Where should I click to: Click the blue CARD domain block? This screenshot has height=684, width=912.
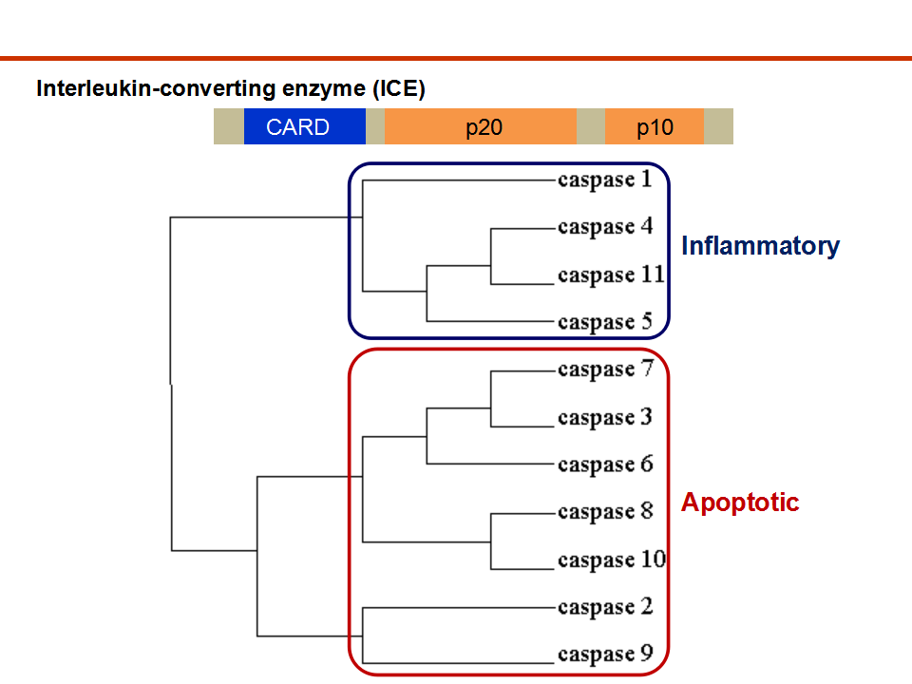coord(305,126)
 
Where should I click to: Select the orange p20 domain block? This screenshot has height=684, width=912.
coord(481,126)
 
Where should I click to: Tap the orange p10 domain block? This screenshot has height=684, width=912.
coord(655,126)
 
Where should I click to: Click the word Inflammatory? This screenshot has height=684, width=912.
coord(760,246)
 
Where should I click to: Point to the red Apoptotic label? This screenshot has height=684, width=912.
coord(740,502)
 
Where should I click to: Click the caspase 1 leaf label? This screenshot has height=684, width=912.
coord(605,180)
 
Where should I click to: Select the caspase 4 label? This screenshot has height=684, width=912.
coord(605,227)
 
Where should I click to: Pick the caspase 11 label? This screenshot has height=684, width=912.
coord(611,275)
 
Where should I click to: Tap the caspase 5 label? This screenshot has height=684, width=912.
coord(605,322)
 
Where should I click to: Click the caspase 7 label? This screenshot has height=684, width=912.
coord(605,370)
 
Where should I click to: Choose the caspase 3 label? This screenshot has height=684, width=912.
coord(605,417)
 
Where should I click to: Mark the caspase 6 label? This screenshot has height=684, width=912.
coord(605,465)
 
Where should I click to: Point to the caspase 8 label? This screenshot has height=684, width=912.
coord(605,511)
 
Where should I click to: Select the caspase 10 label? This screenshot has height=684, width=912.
coord(612,560)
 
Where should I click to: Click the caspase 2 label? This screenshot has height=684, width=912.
coord(605,607)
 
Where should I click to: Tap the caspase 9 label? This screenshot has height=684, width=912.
coord(605,654)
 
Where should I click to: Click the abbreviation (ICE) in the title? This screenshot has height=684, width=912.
coord(399,88)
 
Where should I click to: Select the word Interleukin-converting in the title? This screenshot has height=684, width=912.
coord(156,88)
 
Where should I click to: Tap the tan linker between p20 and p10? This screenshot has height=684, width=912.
coord(590,126)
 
